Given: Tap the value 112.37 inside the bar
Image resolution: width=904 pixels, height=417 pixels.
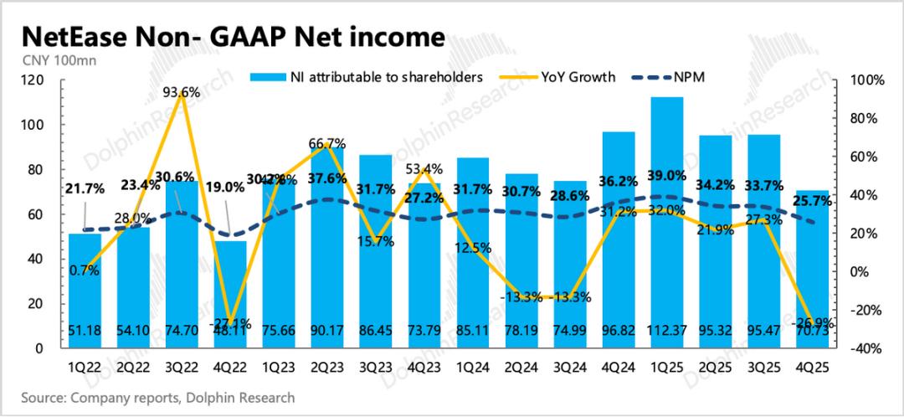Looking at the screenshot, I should click(x=667, y=332).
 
